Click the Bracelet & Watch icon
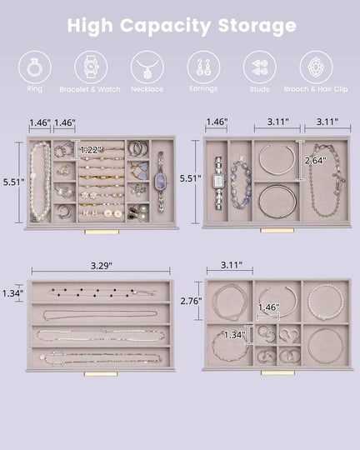point(90,67)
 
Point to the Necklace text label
point(147,89)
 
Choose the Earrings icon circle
point(202,67)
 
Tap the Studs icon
point(259,67)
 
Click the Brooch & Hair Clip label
point(316,89)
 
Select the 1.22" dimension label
point(92,149)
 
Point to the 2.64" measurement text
point(314,160)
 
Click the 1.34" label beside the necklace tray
point(12,292)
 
